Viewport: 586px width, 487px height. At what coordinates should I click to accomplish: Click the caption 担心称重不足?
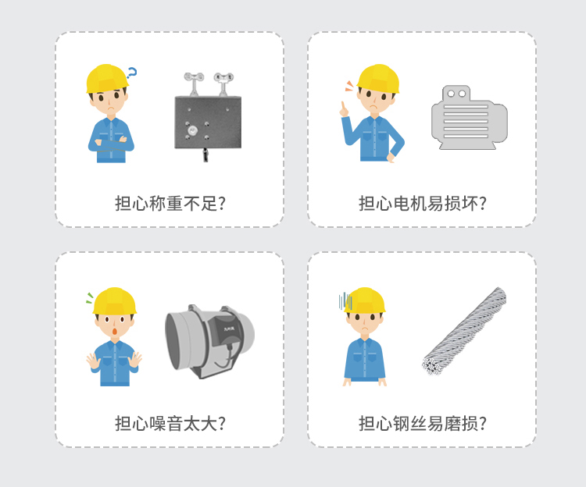coord(170,204)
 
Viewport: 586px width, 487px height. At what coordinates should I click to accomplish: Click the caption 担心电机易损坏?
coord(422,204)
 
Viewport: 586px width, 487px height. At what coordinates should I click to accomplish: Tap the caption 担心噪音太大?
coord(170,424)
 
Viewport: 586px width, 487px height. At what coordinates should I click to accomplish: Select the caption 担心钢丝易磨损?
coord(422,424)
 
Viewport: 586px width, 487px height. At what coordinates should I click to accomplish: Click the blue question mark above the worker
coord(132,73)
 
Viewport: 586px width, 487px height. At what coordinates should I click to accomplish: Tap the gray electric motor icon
coord(470,118)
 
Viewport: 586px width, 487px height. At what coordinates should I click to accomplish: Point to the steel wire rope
coord(464,332)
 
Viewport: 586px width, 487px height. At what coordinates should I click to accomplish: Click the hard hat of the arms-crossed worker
coord(107,78)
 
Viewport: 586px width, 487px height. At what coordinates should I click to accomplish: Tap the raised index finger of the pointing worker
coord(342,106)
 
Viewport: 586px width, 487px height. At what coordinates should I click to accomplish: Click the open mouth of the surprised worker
coord(115,332)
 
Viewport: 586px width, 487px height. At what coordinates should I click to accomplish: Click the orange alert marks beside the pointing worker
coord(349,86)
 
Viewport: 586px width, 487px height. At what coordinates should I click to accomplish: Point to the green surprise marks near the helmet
coord(90,298)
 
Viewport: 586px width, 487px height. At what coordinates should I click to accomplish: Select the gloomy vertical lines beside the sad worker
coord(345,301)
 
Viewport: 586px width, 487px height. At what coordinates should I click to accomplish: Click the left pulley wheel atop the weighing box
coord(194,77)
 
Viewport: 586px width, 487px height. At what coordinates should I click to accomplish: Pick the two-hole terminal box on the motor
coord(456,93)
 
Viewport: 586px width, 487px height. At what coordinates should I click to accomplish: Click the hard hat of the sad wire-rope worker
coord(364,300)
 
